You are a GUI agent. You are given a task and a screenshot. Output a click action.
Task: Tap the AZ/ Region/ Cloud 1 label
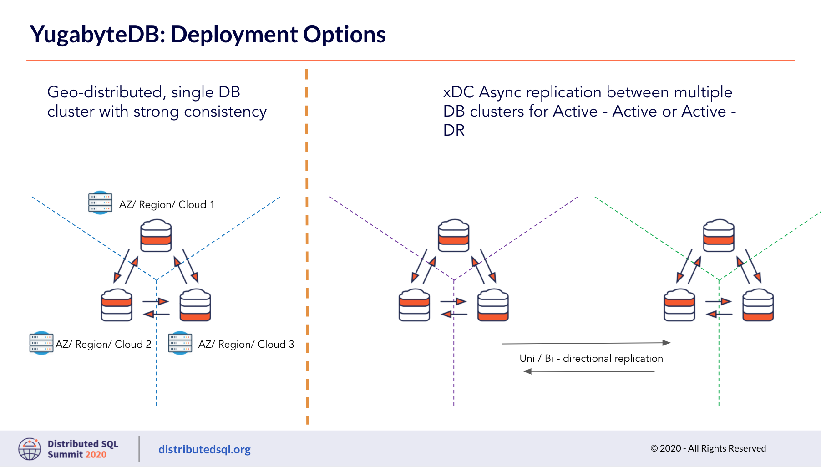click(x=166, y=205)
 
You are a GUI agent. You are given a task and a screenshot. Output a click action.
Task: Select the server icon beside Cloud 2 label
click(x=41, y=343)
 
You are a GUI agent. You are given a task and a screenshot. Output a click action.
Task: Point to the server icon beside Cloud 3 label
click(x=180, y=343)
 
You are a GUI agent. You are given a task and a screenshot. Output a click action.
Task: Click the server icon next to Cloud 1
click(x=100, y=203)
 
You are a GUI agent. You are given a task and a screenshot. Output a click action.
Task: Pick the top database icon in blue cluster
click(x=156, y=236)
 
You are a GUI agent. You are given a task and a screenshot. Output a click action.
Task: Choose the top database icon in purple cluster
click(x=453, y=236)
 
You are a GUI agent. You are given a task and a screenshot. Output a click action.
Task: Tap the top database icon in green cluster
click(x=718, y=236)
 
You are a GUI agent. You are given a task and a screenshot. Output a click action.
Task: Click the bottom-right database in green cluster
click(x=758, y=305)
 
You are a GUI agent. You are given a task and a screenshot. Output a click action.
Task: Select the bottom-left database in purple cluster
click(x=414, y=305)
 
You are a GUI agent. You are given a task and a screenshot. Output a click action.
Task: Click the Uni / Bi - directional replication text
click(x=591, y=359)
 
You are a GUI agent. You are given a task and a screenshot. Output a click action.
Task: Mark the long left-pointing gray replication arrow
click(x=589, y=371)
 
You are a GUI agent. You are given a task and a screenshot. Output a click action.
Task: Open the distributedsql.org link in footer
click(x=204, y=449)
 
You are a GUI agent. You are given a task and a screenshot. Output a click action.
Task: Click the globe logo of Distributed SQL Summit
click(x=30, y=449)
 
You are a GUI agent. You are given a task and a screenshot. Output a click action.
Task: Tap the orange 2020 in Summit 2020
click(x=96, y=454)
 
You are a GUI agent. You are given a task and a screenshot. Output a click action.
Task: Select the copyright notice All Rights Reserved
click(x=708, y=448)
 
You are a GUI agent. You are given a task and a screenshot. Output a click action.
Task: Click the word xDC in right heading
click(x=458, y=92)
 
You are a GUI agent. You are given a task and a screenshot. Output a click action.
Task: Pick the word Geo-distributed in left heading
click(x=105, y=92)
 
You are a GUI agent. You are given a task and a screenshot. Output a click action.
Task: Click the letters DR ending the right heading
click(x=454, y=131)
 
